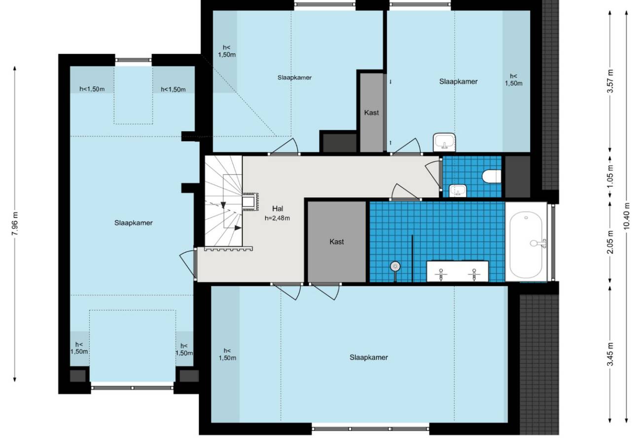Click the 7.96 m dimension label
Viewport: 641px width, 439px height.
(x=15, y=224)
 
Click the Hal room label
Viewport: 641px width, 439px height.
(x=278, y=208)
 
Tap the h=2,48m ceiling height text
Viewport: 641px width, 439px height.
(x=277, y=218)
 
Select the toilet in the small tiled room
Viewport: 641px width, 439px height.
(x=492, y=176)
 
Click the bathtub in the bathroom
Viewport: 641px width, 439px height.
(x=526, y=245)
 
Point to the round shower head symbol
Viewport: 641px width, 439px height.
(x=395, y=266)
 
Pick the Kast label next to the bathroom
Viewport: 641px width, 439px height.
(x=336, y=242)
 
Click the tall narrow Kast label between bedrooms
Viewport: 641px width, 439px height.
(x=371, y=113)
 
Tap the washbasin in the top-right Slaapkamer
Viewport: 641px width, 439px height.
(x=444, y=142)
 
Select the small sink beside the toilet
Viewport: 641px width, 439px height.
(x=458, y=190)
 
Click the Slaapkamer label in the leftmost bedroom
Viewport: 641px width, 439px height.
(x=133, y=223)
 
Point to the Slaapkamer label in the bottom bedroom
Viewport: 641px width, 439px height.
(x=369, y=358)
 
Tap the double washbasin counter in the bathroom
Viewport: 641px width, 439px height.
(x=458, y=271)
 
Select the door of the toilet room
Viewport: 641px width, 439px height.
(x=434, y=175)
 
